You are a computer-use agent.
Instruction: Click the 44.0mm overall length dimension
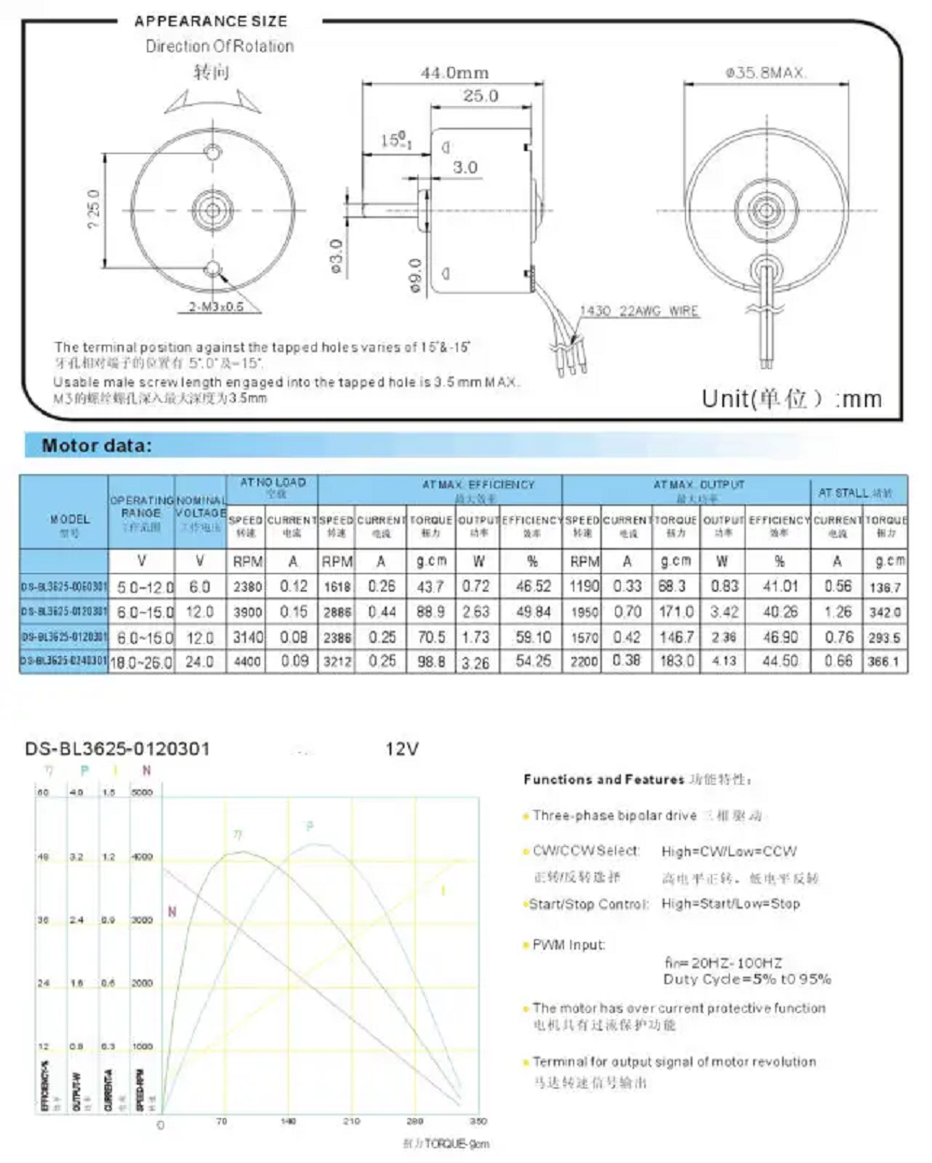[x=454, y=73]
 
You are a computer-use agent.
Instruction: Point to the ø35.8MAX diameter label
[x=766, y=73]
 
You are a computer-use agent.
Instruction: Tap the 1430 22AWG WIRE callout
[x=638, y=311]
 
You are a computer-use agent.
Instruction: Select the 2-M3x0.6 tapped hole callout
[x=216, y=307]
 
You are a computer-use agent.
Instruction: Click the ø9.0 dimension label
[x=416, y=276]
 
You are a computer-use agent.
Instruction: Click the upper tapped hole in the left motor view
[x=213, y=152]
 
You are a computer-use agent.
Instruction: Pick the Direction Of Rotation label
[x=219, y=46]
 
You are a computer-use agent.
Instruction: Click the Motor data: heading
[x=96, y=445]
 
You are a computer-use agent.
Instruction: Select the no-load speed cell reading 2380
[x=247, y=587]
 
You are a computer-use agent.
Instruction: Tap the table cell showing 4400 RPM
[x=247, y=662]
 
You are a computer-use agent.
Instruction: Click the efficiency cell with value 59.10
[x=533, y=637]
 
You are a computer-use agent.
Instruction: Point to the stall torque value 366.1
[x=884, y=662]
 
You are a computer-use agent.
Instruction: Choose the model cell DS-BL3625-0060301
[x=63, y=587]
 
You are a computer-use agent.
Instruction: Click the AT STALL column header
[x=856, y=492]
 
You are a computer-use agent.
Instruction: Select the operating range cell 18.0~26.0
[x=143, y=662]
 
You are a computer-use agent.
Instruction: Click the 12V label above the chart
[x=402, y=749]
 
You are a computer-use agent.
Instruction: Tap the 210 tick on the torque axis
[x=350, y=1121]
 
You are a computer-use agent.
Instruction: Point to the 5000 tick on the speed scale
[x=142, y=792]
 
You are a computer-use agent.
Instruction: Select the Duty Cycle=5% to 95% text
[x=747, y=979]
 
